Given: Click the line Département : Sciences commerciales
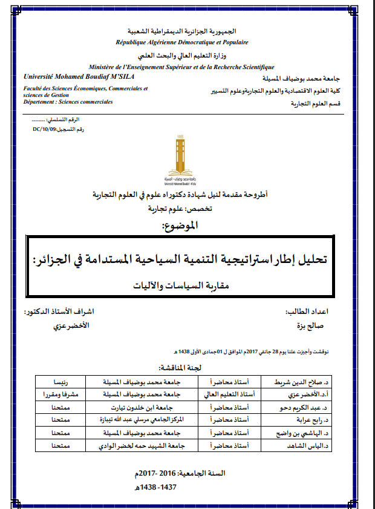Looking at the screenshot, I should (68, 102).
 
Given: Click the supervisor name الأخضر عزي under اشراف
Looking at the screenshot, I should (72, 325).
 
